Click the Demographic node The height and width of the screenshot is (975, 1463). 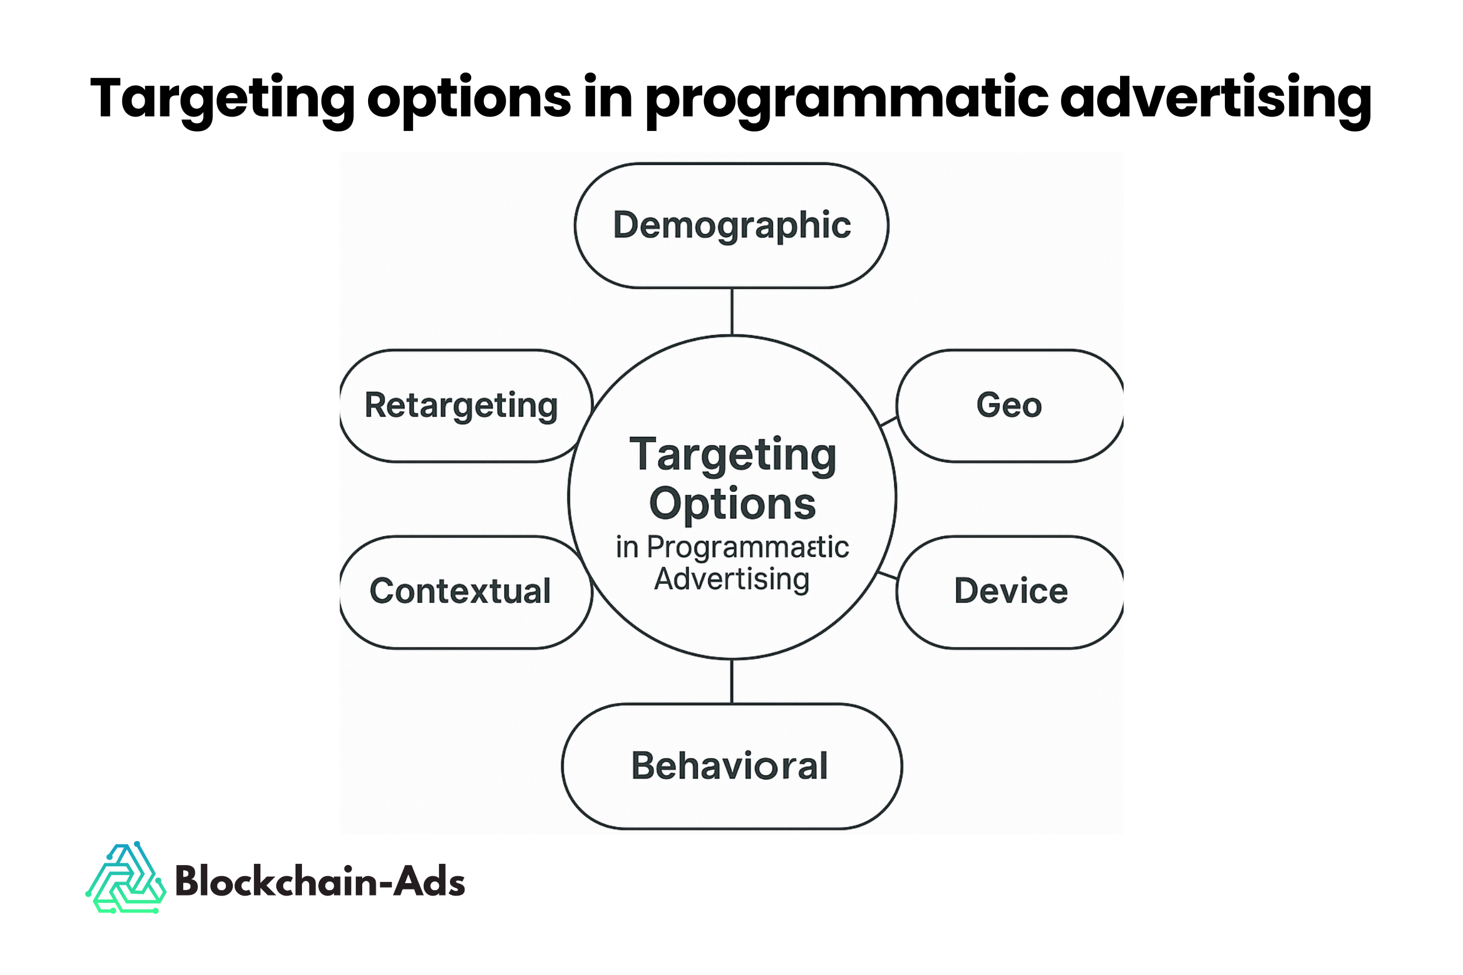(x=732, y=225)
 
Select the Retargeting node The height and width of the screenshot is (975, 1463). (x=462, y=405)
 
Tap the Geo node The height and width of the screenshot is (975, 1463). (x=1009, y=405)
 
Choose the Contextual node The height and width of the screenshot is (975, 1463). (x=461, y=591)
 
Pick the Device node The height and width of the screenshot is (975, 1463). (x=1010, y=591)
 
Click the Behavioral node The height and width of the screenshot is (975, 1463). (x=730, y=766)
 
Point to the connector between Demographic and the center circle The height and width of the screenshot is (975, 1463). (x=732, y=312)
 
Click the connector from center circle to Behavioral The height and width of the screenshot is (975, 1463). (x=732, y=681)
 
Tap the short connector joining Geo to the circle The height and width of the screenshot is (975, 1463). (x=889, y=422)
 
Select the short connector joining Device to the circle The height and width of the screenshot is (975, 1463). (x=887, y=575)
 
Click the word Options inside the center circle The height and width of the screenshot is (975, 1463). (x=732, y=504)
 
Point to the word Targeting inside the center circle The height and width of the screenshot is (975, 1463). (x=733, y=456)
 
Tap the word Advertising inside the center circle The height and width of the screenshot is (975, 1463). (x=732, y=580)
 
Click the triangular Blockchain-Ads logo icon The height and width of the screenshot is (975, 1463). (x=126, y=878)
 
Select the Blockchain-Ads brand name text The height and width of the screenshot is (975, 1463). (x=320, y=882)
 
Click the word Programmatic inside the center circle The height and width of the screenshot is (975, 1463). (x=748, y=548)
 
